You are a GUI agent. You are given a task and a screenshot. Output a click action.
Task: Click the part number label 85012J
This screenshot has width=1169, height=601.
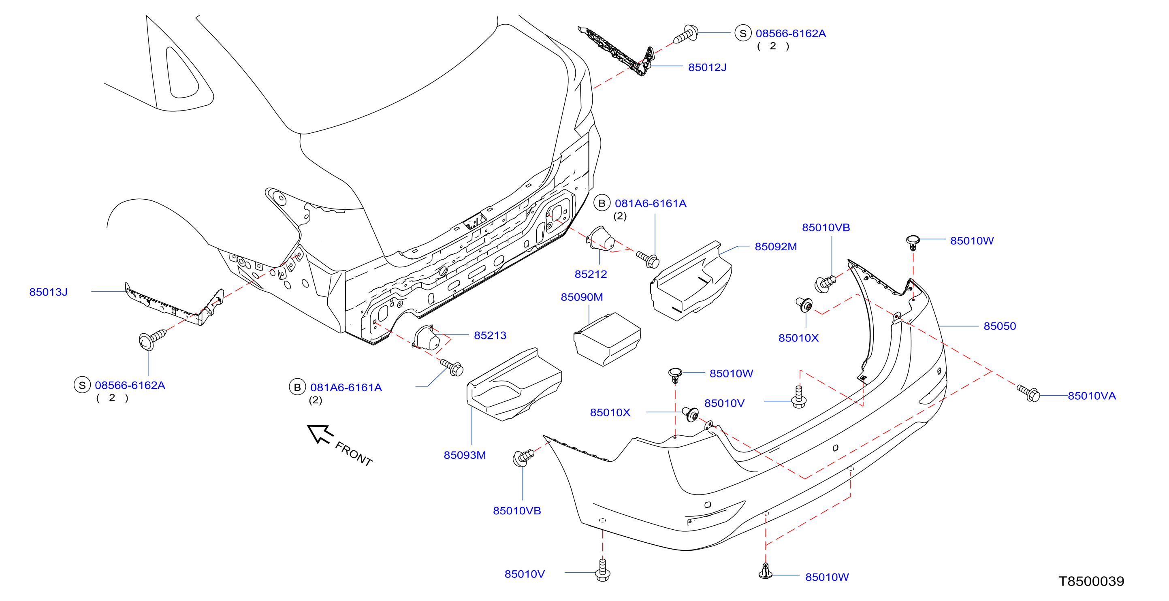pos(707,67)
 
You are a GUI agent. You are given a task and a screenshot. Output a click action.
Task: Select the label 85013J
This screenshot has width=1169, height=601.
pos(48,292)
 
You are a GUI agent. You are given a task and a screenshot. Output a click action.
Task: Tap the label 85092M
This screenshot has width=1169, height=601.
pos(776,247)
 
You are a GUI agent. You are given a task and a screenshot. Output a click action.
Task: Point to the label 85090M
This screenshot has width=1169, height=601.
pos(582,297)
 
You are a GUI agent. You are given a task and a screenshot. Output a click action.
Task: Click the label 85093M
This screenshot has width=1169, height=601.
pos(465,455)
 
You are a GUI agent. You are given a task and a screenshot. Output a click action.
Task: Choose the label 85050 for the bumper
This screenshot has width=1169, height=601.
pos(1000,326)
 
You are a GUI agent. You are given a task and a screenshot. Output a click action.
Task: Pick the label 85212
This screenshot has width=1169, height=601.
pos(591,274)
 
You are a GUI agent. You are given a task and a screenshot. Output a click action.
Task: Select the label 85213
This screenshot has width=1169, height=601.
pos(490,335)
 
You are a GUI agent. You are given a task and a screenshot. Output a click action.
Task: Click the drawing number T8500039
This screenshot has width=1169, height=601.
pos(1091,581)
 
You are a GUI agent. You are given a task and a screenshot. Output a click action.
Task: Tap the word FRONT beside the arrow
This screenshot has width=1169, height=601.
pos(354,454)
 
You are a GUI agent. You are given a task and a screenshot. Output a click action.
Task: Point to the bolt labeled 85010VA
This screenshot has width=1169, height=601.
pos(1028,393)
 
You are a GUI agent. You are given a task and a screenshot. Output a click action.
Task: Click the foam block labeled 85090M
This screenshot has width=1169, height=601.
pos(607,339)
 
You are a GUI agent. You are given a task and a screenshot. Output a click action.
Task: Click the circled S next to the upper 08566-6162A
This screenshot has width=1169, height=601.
pos(743,33)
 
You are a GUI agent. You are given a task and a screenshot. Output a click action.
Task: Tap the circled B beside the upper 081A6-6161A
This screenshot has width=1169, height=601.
pos(602,203)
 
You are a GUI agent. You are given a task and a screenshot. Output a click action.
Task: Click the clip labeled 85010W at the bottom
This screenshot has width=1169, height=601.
pos(766,571)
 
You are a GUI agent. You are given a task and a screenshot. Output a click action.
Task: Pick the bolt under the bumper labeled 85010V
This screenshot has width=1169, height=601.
pos(603,570)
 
